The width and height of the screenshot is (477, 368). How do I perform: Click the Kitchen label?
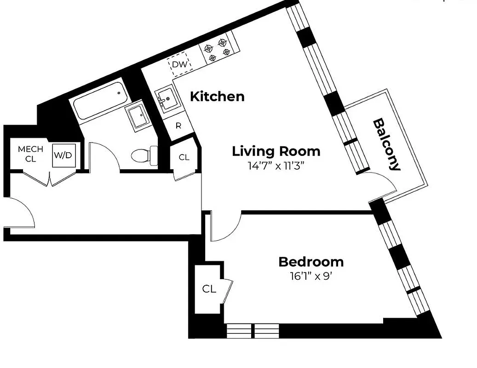[x=217, y=97]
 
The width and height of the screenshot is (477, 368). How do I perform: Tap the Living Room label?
[x=276, y=151]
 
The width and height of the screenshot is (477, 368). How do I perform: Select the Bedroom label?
[x=311, y=262]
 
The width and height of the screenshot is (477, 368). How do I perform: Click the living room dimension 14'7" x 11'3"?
[x=276, y=166]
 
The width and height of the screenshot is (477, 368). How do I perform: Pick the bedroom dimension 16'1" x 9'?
[x=311, y=276]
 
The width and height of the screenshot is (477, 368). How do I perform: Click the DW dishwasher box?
[x=180, y=65]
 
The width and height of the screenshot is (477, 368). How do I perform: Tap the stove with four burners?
[x=217, y=49]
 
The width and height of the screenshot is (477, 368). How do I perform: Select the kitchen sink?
[x=166, y=98]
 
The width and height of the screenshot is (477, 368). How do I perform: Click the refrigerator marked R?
[x=178, y=126]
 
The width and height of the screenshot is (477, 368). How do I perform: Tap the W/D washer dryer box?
[x=63, y=155]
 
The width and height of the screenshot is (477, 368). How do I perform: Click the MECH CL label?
[x=30, y=154]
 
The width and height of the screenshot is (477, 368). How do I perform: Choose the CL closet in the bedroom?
[x=209, y=289]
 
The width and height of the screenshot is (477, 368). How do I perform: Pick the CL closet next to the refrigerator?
[x=184, y=157]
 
